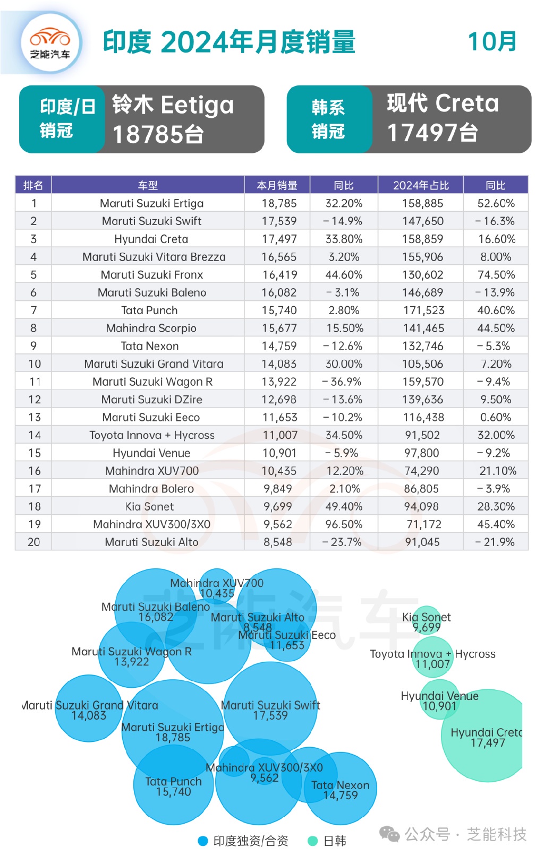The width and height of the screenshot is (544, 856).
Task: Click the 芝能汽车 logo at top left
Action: pos(50,42)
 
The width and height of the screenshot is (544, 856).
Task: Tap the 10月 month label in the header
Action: pos(492,42)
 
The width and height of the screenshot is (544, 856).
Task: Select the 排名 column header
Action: pos(33,185)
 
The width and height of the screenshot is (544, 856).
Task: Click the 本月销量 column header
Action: pos(277,185)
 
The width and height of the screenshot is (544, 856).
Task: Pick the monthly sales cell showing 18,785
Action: pos(279,203)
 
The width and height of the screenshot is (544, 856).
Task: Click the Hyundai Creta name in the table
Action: pos(151,239)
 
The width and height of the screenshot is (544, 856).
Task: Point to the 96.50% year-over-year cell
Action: pos(344,524)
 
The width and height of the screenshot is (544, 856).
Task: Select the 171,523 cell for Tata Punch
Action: pos(423,310)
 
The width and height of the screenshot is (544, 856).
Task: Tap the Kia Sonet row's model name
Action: pos(149,506)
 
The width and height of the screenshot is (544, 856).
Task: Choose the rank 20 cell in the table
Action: pos(33,542)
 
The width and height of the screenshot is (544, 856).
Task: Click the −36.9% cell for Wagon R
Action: pos(342,382)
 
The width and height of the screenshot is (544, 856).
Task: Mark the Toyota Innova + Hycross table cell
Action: pos(152,435)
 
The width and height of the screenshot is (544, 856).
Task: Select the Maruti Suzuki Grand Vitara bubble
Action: pos(89,708)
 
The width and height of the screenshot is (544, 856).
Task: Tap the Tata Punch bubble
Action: pos(173,785)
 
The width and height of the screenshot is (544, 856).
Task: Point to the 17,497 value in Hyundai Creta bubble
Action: pos(487,743)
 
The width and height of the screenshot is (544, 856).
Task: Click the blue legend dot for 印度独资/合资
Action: pos(202,841)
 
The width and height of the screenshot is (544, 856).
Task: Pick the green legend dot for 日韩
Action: pos(312,841)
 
